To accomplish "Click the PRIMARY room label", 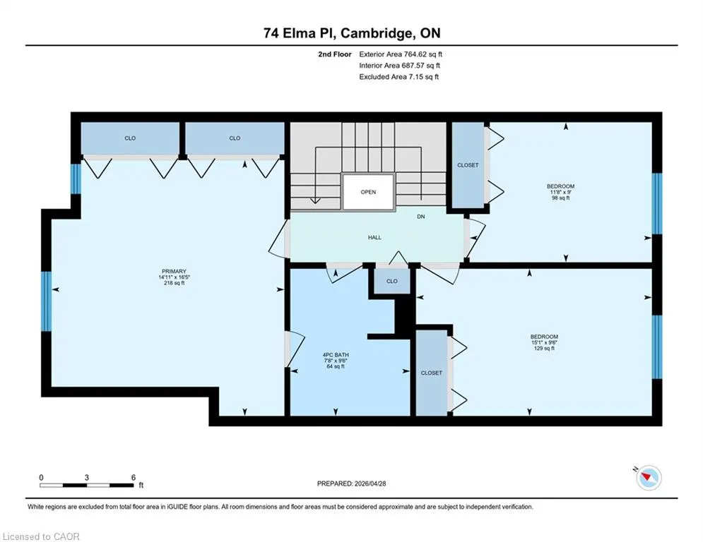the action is coord(174,272).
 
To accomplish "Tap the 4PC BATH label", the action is coord(336,355).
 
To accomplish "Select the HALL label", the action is coord(374,237).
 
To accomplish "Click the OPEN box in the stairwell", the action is coord(368,192).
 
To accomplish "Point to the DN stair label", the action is coord(420,217).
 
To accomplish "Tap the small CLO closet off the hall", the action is coord(392,282).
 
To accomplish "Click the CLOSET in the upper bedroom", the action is coord(468,165).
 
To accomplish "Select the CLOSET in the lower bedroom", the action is coord(431,373).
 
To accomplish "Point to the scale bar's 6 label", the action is coord(133,478).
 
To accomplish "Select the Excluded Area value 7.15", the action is coord(415,77).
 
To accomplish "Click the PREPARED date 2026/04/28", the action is coord(370,483).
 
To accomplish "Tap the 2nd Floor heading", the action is coord(335,54).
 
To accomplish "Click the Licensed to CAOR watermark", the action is coord(41,536).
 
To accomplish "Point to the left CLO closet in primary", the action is coord(130,138).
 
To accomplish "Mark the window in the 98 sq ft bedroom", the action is coord(657,204).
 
